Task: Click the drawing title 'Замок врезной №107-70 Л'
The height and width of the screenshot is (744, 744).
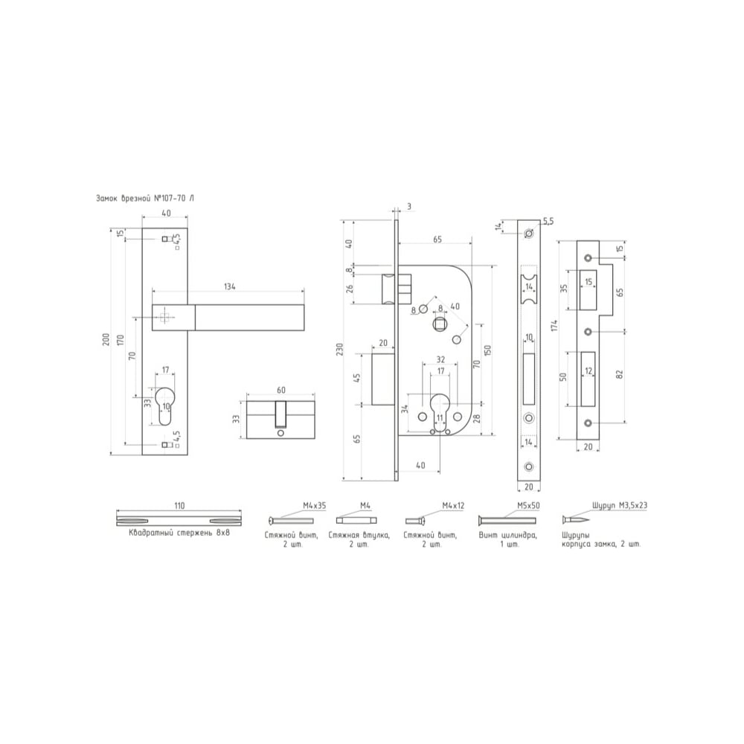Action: (x=145, y=199)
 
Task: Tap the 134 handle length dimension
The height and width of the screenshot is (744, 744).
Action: (x=230, y=286)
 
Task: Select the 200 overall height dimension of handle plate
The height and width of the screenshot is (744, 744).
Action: (x=106, y=339)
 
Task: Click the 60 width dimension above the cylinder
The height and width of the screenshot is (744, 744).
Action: (x=281, y=390)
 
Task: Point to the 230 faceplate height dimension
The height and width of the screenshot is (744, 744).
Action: (x=340, y=350)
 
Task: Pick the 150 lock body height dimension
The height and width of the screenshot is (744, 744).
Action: (x=488, y=350)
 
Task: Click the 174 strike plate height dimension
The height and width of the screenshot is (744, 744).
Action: (x=555, y=326)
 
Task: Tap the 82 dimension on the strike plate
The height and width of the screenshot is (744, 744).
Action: (x=619, y=374)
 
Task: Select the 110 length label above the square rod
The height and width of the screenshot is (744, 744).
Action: (x=179, y=506)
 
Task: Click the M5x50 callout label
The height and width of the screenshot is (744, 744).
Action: (x=528, y=506)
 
